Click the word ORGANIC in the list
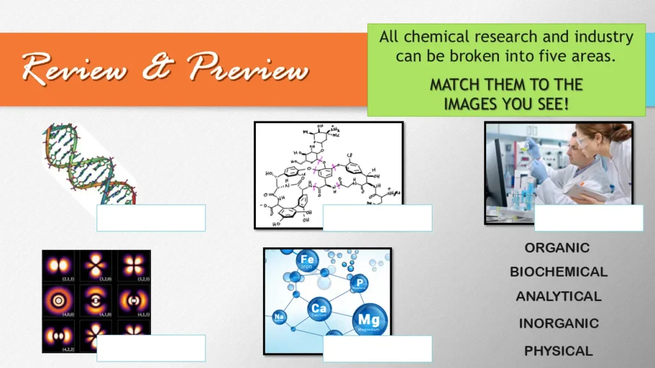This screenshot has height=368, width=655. pos(557,248)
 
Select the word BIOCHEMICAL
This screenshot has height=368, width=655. pos(558,272)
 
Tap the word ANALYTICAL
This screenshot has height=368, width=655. pos(558,296)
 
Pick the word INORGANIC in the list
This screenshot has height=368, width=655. pos(558,324)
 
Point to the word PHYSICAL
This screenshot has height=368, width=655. pos(558,351)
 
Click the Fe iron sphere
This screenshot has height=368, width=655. pos(308,262)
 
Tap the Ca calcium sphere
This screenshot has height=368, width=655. pos(319,310)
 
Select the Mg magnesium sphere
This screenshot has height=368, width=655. pos(368,320)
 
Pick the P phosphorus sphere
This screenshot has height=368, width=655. pos(359,284)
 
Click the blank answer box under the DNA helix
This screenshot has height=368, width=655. pos(151,218)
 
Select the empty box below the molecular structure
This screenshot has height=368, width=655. pos(377,218)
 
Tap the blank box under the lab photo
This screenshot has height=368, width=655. pos(588,218)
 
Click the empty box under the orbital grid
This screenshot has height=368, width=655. pos(151,348)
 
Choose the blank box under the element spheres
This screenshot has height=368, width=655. pos(377,349)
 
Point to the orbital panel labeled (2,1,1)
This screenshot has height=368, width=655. pos(59,266)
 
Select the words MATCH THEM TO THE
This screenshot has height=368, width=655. pos(506,85)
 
